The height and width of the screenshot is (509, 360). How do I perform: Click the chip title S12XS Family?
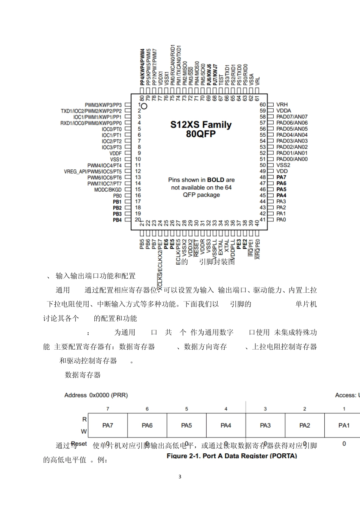[200, 125]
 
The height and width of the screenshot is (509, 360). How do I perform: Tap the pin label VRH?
[282, 105]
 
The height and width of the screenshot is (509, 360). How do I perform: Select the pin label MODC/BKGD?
[108, 189]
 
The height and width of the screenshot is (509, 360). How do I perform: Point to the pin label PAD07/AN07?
[292, 117]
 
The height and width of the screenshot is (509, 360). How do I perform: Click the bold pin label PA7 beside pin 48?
[281, 177]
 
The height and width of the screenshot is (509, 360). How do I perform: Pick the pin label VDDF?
[116, 153]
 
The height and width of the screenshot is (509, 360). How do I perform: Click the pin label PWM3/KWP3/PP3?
[103, 105]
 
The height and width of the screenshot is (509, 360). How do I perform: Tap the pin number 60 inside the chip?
[263, 105]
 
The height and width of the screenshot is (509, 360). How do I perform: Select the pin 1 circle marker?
[144, 105]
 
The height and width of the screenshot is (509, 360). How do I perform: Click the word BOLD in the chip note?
[216, 180]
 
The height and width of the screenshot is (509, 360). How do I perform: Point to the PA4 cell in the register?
[226, 425]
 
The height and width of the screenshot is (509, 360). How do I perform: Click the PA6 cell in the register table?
[147, 425]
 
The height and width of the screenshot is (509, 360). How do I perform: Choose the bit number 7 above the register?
[108, 409]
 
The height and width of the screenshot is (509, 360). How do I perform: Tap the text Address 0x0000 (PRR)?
[96, 395]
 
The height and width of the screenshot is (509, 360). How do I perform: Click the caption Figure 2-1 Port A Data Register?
[232, 456]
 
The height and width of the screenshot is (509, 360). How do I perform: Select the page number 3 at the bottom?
[180, 476]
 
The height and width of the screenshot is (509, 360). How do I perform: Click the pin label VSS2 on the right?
[283, 165]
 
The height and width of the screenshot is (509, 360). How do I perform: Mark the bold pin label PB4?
[117, 220]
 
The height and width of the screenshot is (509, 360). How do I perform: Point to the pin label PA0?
[281, 220]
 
